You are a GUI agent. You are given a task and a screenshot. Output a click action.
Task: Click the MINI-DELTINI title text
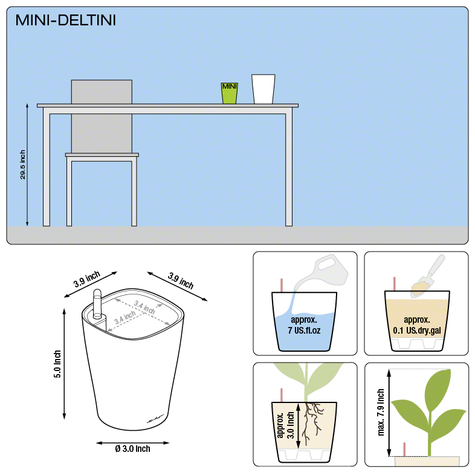[65, 21]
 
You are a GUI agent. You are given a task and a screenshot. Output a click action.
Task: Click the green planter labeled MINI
[229, 93]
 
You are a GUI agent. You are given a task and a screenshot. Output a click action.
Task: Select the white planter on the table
[263, 89]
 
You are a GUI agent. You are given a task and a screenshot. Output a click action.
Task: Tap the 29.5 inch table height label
[22, 164]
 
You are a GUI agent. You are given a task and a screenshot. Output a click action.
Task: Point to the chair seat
[102, 155]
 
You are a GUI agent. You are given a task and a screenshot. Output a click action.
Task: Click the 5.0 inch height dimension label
[57, 364]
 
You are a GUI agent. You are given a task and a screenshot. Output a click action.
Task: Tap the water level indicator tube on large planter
[97, 306]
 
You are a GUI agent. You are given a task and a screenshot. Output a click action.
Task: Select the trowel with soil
[428, 277]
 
